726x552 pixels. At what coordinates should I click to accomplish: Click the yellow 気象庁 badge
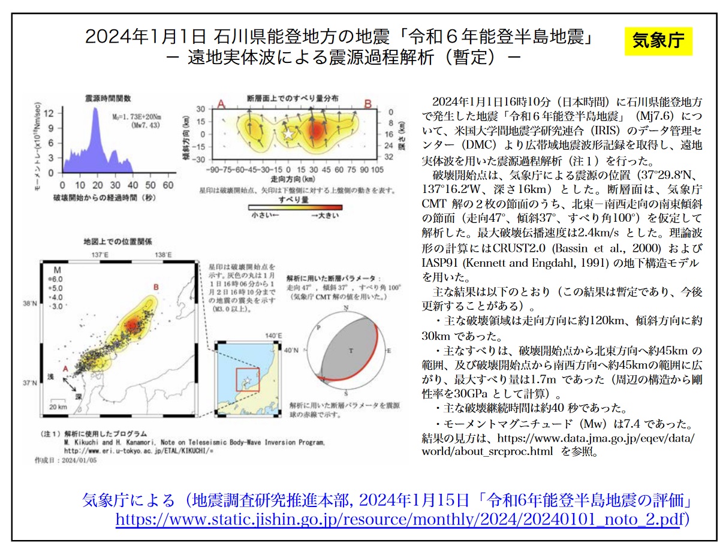click(658, 41)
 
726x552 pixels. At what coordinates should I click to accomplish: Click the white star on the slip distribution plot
click(288, 134)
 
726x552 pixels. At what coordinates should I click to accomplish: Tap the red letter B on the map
click(156, 287)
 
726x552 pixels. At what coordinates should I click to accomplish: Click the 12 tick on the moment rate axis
click(52, 112)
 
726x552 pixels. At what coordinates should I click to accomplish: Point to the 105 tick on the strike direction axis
click(376, 169)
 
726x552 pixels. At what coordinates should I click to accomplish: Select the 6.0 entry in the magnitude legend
click(55, 279)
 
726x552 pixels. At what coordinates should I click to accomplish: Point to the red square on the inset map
click(248, 380)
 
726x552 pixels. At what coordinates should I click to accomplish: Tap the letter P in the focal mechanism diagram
click(318, 328)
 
